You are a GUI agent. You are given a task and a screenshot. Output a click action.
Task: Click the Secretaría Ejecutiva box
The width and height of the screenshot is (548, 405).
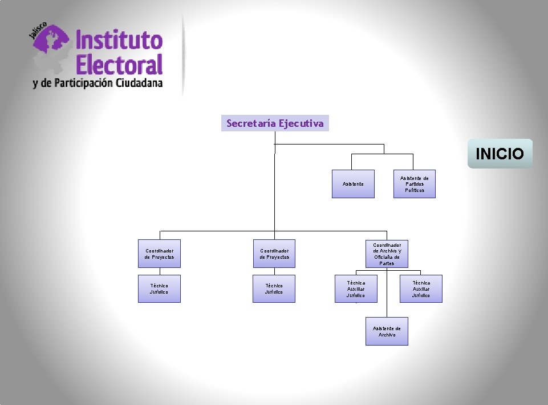[275, 123]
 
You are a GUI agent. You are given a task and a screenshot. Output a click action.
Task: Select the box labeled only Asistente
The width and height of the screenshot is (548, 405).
[354, 184]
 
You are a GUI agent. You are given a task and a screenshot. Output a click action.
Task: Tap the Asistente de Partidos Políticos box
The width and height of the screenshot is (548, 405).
[415, 184]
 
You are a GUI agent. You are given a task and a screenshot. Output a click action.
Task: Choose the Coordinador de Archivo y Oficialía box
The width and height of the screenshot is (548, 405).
[387, 254]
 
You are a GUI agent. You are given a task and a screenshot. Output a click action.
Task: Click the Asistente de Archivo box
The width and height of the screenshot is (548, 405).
[387, 331]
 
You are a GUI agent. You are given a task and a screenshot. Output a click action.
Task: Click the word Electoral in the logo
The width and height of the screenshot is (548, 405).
[119, 64]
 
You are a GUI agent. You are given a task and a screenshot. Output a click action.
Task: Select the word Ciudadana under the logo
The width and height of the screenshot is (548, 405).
[139, 83]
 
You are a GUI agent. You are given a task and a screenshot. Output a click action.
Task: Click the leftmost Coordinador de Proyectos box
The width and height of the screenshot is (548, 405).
[160, 254]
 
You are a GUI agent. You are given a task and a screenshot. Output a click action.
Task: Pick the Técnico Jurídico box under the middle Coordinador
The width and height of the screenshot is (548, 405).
[274, 289]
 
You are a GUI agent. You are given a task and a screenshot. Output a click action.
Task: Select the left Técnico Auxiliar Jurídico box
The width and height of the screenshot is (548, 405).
[356, 289]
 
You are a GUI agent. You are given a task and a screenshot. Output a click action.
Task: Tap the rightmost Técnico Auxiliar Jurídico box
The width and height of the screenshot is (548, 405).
[421, 289]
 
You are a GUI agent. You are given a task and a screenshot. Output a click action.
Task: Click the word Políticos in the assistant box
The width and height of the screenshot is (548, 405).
[415, 190]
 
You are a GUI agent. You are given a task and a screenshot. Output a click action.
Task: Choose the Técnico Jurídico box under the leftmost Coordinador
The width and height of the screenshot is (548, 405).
[160, 289]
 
